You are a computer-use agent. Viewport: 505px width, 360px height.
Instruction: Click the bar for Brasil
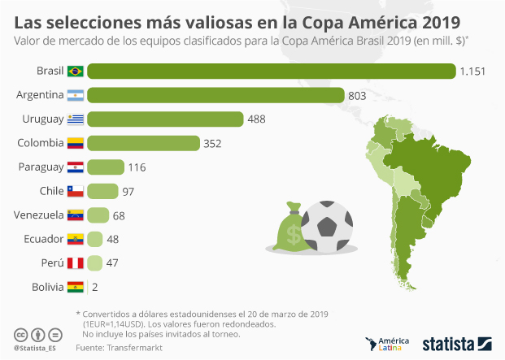(x=271, y=72)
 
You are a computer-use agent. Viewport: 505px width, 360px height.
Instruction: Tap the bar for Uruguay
(x=165, y=119)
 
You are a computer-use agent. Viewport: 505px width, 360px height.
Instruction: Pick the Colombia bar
(x=143, y=144)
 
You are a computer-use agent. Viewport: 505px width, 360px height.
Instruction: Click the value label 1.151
(x=472, y=72)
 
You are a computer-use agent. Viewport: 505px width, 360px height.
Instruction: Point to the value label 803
(x=358, y=95)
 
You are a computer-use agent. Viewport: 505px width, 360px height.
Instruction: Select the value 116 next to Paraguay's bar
(x=136, y=167)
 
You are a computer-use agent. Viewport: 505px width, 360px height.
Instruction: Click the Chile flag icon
(x=75, y=192)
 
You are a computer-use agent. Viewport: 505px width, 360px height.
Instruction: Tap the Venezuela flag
(x=75, y=215)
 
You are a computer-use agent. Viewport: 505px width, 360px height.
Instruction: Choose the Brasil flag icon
(x=75, y=72)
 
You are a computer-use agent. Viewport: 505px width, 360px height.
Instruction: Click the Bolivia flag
(x=75, y=287)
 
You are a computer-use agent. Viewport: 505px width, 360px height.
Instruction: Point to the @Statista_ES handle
(x=37, y=349)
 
